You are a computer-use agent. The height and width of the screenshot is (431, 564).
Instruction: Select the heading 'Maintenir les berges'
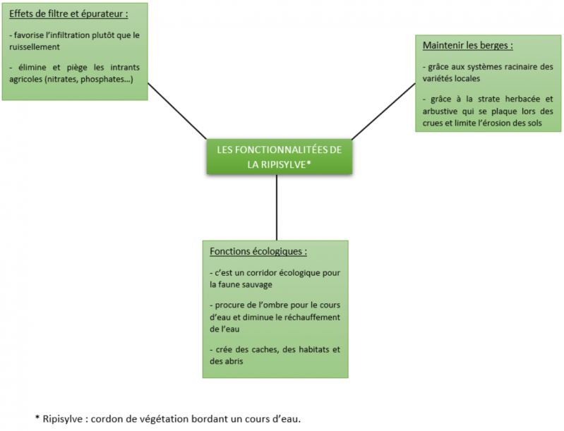pos(467,45)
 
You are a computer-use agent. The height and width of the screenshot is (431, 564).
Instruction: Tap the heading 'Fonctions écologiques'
pos(258,251)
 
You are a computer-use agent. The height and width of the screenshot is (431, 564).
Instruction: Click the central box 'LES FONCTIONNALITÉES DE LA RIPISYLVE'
pos(276,157)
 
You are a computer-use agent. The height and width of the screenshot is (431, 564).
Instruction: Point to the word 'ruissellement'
pos(35,47)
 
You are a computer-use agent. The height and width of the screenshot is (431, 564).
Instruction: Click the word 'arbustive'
pos(443,111)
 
